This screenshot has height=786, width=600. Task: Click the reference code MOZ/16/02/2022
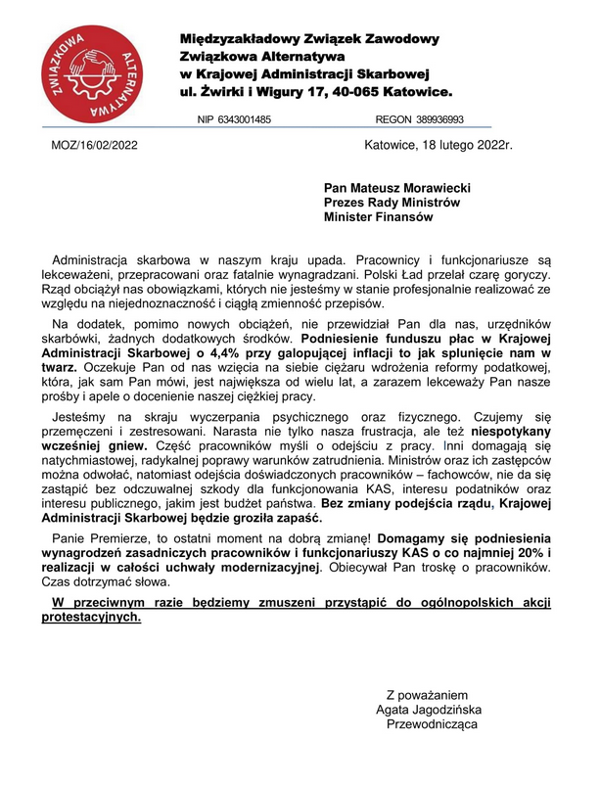coord(94,146)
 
